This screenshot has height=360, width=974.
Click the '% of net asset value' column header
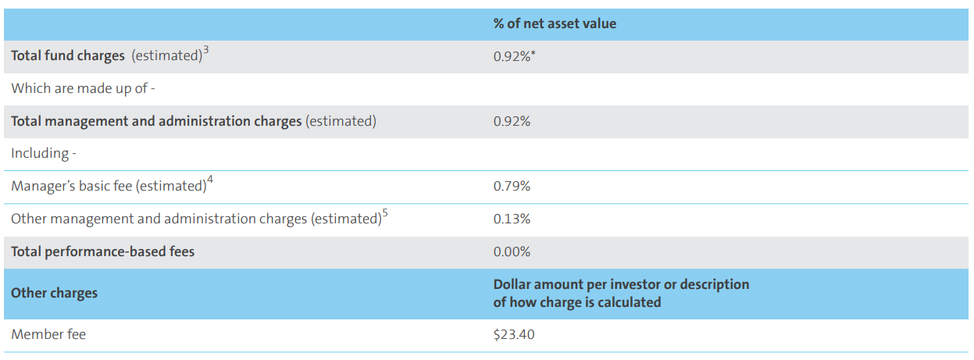click(x=555, y=23)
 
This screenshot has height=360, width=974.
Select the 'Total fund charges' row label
click(x=68, y=56)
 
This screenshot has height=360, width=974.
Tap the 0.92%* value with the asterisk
click(x=514, y=56)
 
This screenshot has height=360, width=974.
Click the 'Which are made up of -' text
click(x=83, y=88)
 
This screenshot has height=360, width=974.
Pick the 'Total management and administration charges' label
click(x=156, y=121)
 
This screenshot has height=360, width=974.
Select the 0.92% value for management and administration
click(x=512, y=121)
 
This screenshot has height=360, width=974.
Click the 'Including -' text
click(x=44, y=153)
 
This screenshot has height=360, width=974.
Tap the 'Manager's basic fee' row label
click(x=108, y=186)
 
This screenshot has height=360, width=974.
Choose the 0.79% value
click(x=512, y=186)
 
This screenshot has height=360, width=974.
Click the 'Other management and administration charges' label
click(x=195, y=219)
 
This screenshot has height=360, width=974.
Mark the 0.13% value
click(x=512, y=219)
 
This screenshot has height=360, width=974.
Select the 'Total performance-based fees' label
click(x=102, y=251)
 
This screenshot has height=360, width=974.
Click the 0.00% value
click(x=512, y=251)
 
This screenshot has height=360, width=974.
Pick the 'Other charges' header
click(x=55, y=293)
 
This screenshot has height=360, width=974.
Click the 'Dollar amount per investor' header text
click(x=621, y=284)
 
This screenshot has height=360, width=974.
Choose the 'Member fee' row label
click(x=48, y=334)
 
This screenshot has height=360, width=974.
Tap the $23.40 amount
click(x=514, y=334)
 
